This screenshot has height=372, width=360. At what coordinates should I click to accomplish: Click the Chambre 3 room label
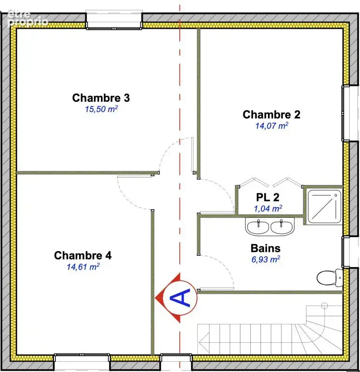click(101, 98)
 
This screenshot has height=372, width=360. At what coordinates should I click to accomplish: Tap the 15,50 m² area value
click(101, 109)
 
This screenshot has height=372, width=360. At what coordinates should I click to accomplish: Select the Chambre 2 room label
click(271, 114)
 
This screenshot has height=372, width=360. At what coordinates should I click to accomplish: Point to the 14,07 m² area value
click(272, 126)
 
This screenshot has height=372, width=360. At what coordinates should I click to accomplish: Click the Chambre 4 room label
click(83, 255)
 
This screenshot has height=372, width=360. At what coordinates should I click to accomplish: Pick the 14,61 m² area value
click(83, 266)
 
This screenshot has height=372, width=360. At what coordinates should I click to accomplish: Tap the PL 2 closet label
click(268, 197)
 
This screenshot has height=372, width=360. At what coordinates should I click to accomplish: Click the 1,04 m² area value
click(268, 208)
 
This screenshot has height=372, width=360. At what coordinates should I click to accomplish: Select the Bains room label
click(266, 248)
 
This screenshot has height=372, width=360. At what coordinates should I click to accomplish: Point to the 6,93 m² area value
click(266, 259)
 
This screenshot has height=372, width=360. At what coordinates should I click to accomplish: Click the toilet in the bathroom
click(330, 277)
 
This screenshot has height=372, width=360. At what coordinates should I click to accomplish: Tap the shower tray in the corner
click(324, 206)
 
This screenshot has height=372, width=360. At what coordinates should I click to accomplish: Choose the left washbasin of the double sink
click(258, 227)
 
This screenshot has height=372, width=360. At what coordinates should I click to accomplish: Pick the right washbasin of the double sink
click(281, 227)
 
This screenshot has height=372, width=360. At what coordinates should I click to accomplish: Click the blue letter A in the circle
click(180, 298)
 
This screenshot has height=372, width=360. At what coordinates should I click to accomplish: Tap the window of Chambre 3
click(114, 20)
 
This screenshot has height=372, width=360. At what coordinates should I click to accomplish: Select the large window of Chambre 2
click(350, 113)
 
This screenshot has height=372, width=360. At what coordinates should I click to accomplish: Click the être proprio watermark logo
click(28, 18)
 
